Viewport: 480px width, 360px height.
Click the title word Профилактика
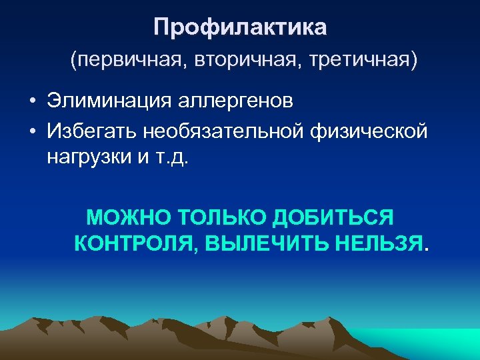point(240,27)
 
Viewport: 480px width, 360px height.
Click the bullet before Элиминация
point(32,101)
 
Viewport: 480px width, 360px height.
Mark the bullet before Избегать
point(32,131)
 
